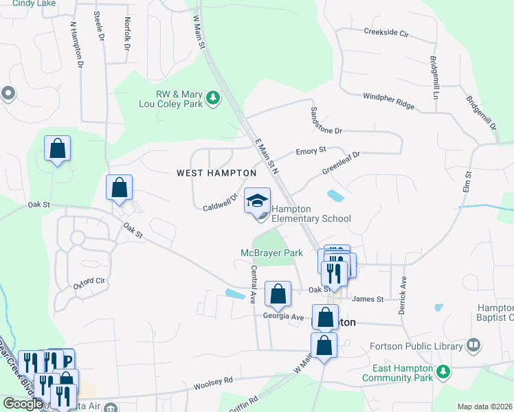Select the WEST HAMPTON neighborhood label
click(216, 173)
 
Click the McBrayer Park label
click(271, 253)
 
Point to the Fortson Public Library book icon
click(473, 345)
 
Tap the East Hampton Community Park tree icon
click(444, 372)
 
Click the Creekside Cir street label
click(386, 32)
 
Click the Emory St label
click(311, 150)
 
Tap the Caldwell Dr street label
click(220, 203)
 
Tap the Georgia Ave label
click(282, 317)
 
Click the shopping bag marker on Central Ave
click(278, 294)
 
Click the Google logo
click(23, 404)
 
